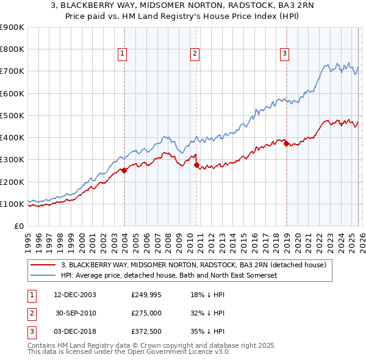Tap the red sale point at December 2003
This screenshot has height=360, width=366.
[124, 171]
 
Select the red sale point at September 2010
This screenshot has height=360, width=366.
[196, 165]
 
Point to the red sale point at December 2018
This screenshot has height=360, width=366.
[286, 144]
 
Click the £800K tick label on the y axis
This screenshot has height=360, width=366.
[12, 49]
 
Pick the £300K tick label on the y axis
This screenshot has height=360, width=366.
[12, 160]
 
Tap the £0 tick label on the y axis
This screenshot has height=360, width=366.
[18, 226]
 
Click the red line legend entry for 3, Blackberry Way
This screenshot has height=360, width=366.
[194, 265]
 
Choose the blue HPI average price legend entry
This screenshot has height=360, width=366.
[169, 276]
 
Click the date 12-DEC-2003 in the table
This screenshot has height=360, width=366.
[74, 295]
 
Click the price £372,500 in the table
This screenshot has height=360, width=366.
[146, 331]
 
